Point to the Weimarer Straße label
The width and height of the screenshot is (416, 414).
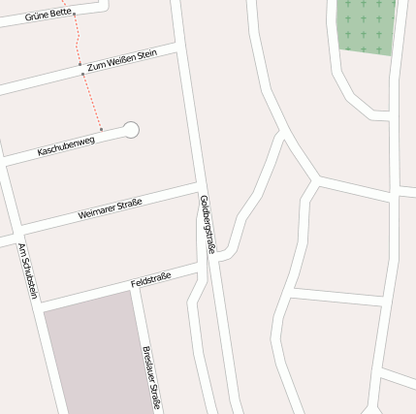(x=110, y=209)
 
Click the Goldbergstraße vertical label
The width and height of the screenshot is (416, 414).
(x=206, y=224)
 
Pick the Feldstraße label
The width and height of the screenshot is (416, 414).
(x=150, y=280)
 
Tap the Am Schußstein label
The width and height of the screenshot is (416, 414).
(x=27, y=271)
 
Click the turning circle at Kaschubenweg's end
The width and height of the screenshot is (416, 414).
(x=131, y=130)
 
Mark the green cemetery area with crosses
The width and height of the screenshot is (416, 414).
(x=367, y=24)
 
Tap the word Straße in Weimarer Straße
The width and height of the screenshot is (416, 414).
(x=129, y=204)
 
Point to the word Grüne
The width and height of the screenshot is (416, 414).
(x=36, y=17)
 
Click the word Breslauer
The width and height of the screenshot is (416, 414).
(x=148, y=364)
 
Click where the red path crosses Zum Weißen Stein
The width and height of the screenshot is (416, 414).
(x=81, y=67)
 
